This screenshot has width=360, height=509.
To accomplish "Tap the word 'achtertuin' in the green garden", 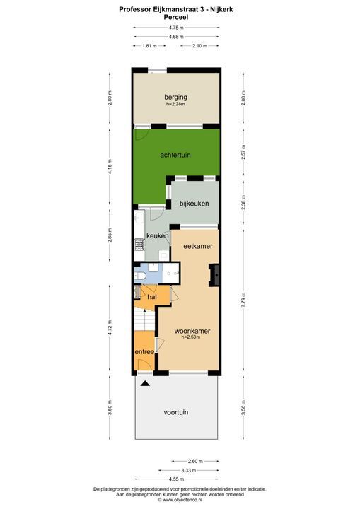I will point(175,155).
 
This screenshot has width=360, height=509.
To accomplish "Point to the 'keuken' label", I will point(157,235).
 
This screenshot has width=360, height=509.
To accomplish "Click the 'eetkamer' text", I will point(198,246).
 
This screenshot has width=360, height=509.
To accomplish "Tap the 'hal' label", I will point(151,297).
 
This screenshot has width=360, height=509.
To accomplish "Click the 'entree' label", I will point(144,351).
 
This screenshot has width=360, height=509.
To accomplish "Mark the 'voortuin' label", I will point(176,411).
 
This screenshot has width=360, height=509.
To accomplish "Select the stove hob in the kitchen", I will point(139,246).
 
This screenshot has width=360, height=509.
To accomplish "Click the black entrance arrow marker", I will point(145,384).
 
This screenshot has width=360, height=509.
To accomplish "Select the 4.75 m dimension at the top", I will point(176,28).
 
